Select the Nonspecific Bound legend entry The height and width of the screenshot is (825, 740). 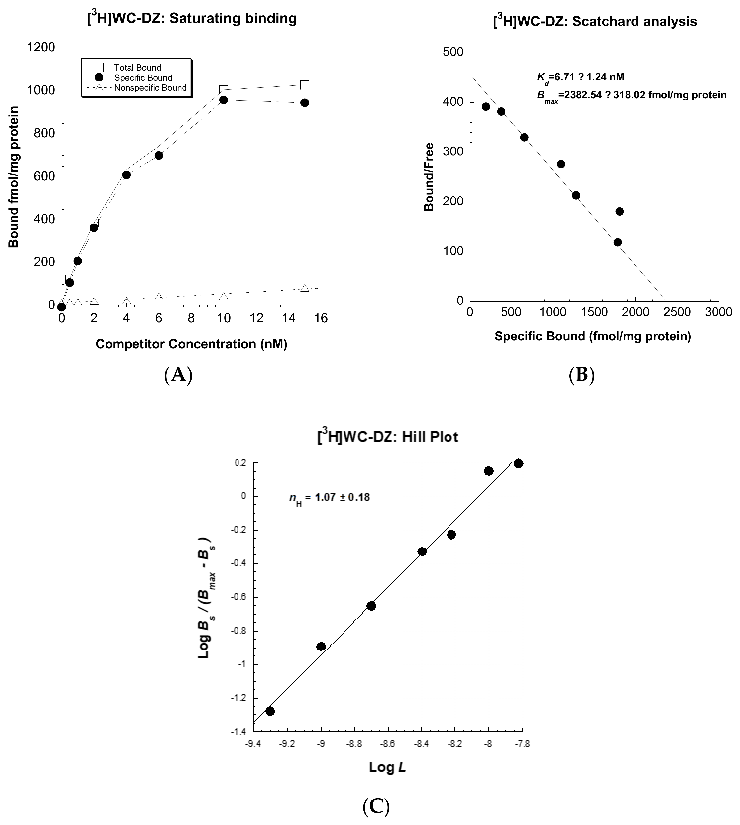click(150, 88)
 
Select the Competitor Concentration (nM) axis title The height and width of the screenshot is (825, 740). click(191, 344)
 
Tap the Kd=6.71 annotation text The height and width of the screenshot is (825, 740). click(581, 77)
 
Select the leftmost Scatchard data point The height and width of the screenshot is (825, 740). click(485, 106)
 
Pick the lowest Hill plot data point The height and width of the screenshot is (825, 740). click(270, 711)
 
